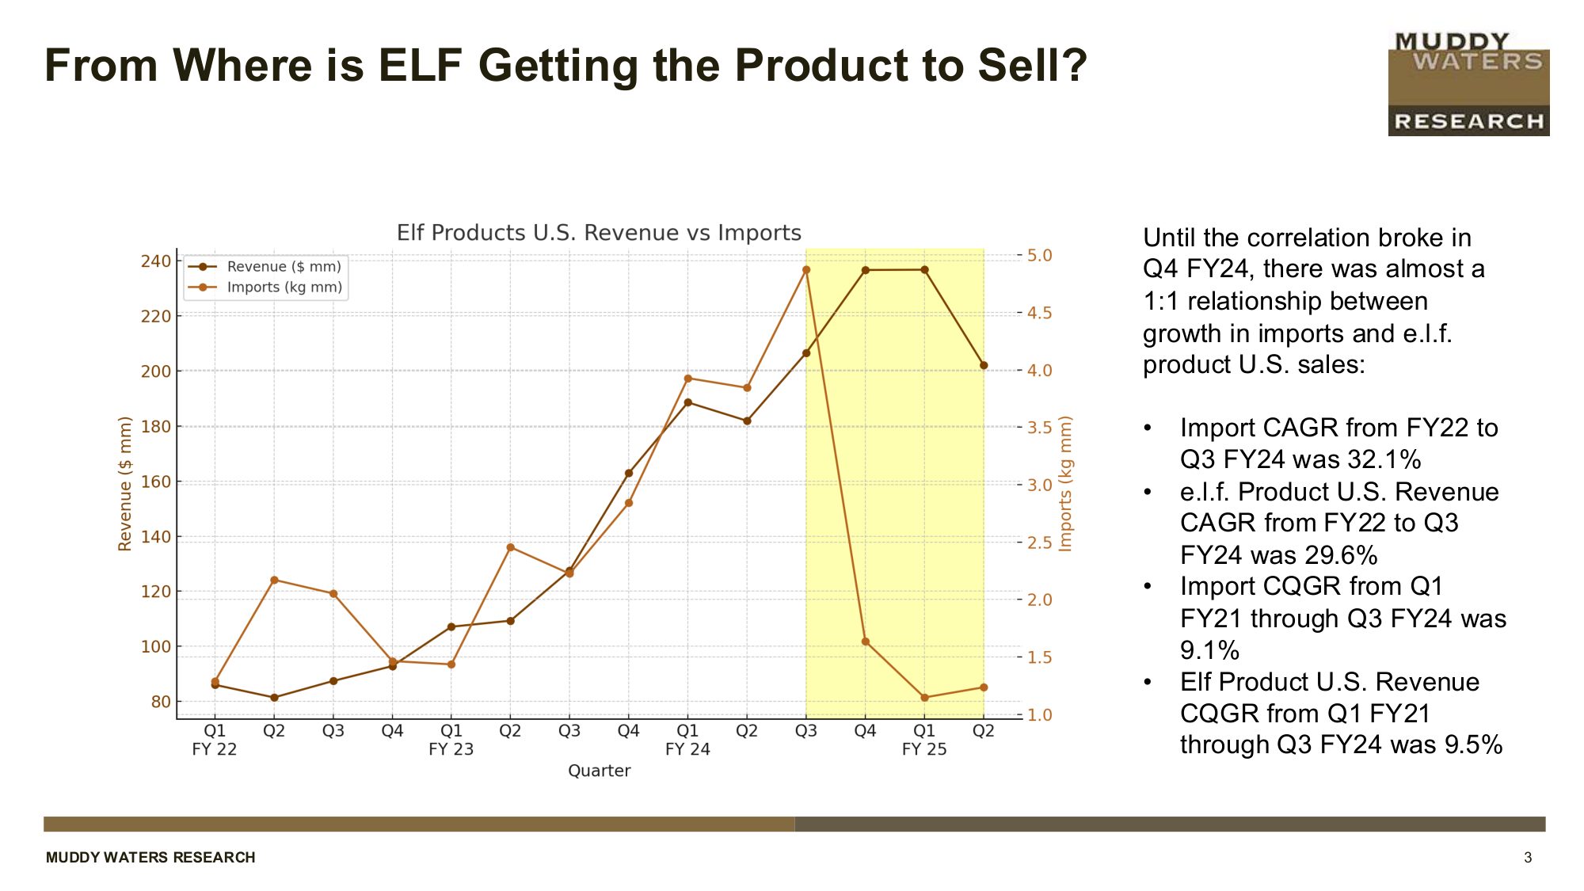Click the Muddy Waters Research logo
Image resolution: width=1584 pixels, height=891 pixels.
[x=1468, y=84]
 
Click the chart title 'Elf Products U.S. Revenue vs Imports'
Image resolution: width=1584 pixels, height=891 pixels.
[x=599, y=233]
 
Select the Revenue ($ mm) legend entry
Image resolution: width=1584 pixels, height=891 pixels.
[x=284, y=267]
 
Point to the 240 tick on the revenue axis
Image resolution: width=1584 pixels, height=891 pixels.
[x=156, y=261]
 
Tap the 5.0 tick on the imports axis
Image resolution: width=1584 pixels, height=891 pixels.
[x=1039, y=256]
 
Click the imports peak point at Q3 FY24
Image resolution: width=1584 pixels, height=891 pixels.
[x=806, y=270]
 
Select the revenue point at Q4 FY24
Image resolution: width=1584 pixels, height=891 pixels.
[x=866, y=270]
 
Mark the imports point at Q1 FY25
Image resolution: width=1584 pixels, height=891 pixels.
[x=924, y=698]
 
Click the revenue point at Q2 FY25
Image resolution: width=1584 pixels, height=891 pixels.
[x=984, y=366]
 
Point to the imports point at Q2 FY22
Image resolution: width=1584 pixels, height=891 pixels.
[x=274, y=581]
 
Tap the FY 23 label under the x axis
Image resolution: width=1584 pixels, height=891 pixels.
[x=451, y=749]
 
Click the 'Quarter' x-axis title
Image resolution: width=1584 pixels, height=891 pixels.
[x=599, y=771]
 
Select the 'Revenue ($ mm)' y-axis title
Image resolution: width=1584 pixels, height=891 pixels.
[x=124, y=483]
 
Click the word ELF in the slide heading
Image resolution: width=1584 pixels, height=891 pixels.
[x=420, y=65]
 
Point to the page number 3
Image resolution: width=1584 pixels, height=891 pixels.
[x=1528, y=858]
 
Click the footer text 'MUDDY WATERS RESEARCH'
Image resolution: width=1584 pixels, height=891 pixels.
[x=150, y=858]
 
